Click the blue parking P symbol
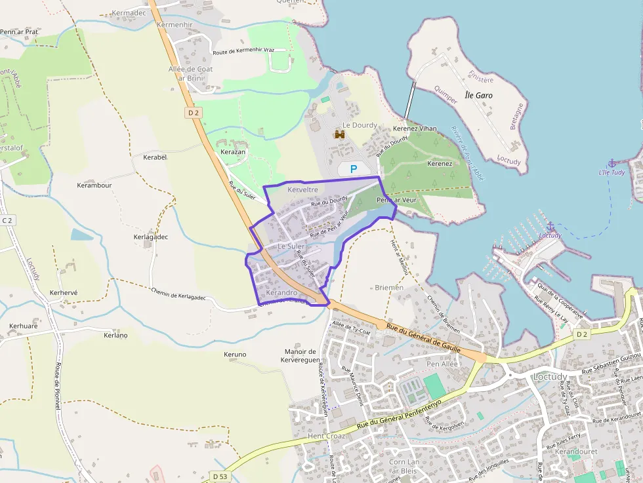(353, 169)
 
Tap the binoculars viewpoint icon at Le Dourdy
(340, 134)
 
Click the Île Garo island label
(478, 95)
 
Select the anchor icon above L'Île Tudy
(612, 163)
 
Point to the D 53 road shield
(220, 475)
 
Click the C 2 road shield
(7, 220)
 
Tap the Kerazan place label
(233, 152)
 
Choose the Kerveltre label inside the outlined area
(302, 189)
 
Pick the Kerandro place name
(282, 292)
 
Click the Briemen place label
(390, 287)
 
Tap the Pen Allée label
(442, 364)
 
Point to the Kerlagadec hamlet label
(151, 237)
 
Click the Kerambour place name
(94, 185)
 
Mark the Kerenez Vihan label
(415, 128)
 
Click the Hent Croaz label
(326, 435)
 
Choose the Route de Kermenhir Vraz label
(243, 51)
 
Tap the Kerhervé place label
(64, 292)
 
